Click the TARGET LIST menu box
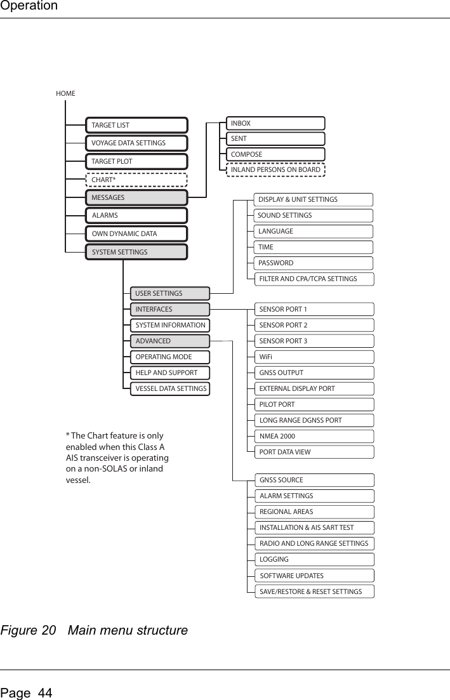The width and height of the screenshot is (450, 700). [136, 126]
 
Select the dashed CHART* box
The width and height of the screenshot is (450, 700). [136, 180]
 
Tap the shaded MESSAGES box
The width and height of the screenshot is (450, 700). [136, 198]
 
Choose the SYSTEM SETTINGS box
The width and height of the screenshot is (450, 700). [136, 252]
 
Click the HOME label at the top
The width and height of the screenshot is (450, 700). [65, 93]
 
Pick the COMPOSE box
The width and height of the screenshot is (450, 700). [276, 154]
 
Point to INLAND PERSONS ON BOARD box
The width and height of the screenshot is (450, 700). [276, 169]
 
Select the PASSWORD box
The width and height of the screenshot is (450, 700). [314, 263]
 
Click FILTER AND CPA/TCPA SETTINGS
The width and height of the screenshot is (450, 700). [314, 279]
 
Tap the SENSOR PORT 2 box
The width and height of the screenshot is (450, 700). [314, 325]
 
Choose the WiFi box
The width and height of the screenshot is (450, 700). [314, 357]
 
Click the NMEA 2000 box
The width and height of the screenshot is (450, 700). [314, 436]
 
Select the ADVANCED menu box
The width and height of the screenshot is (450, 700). [169, 341]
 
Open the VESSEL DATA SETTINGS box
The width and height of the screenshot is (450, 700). [169, 388]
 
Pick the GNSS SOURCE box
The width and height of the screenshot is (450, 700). [314, 480]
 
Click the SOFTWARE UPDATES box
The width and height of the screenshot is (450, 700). [314, 576]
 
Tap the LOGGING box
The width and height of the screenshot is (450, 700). [314, 559]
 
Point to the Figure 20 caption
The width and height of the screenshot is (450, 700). [95, 631]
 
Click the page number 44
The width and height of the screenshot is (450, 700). [27, 693]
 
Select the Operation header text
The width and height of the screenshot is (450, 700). [29, 6]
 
